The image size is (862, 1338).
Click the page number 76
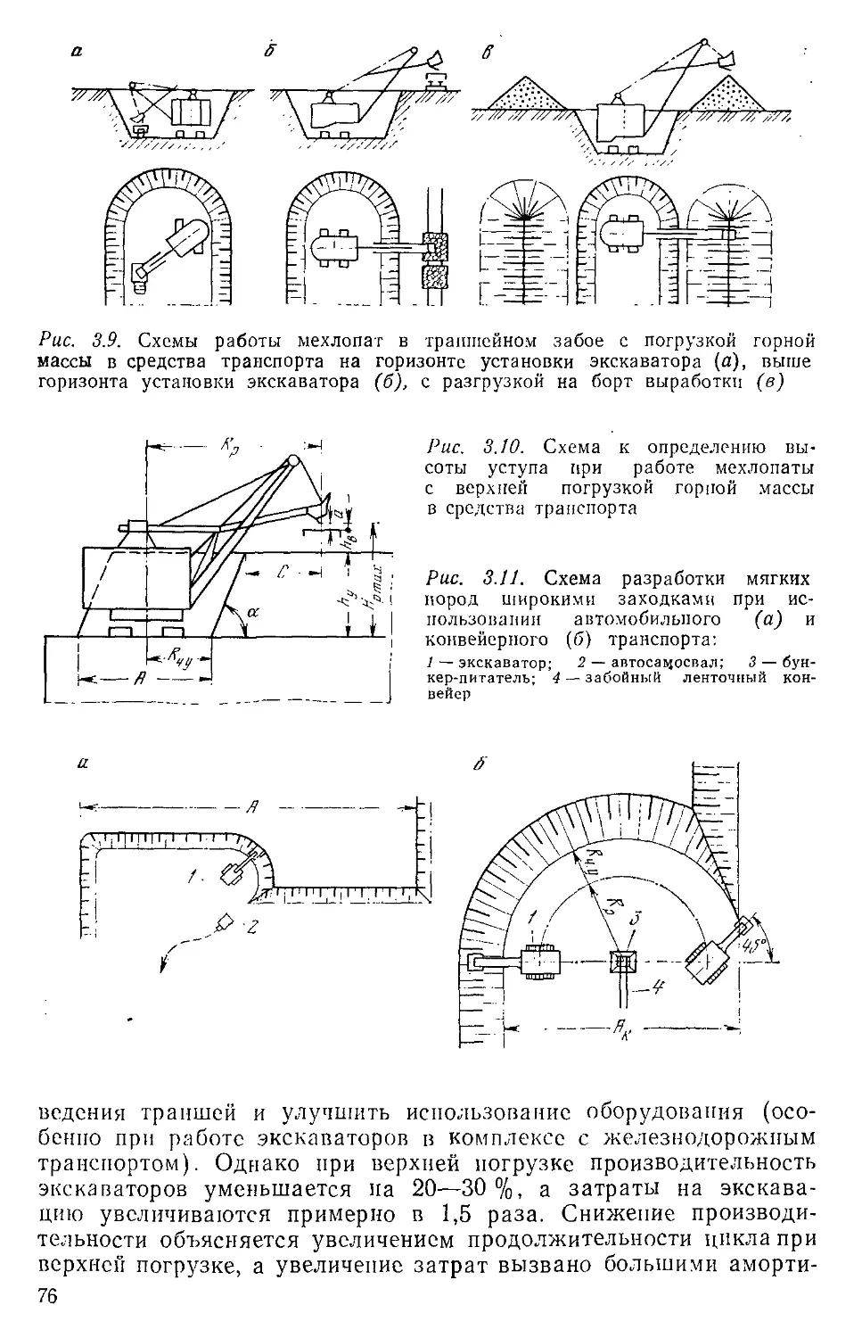point(48,1299)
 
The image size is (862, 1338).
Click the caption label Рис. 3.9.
point(73,341)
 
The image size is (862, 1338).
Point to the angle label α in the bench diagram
point(252,613)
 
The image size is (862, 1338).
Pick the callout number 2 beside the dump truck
point(251,929)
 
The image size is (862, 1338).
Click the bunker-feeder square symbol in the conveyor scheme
point(621,962)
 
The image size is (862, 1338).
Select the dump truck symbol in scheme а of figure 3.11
point(226,922)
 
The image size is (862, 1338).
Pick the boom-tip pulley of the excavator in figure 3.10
point(291,460)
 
